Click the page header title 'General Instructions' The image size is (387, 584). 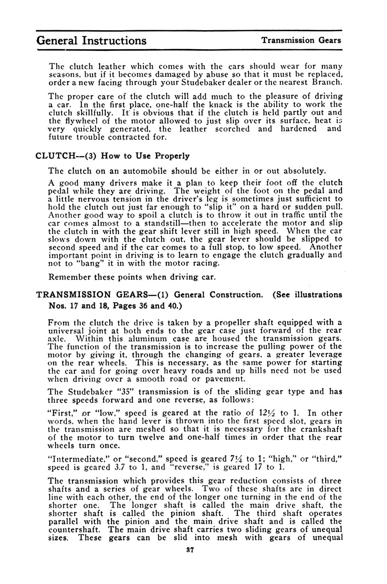[91, 40]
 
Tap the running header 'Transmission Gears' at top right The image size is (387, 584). [301, 40]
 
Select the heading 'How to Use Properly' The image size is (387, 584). [145, 156]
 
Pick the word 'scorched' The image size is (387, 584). [232, 129]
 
